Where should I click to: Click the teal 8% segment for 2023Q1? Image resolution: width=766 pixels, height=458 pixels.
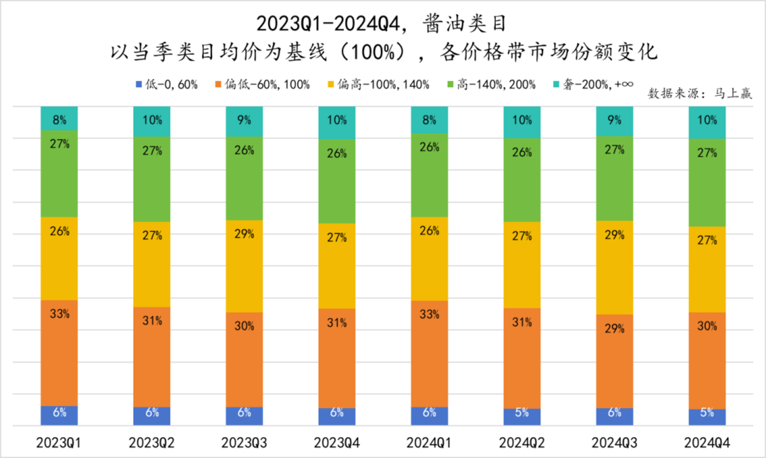click(x=59, y=119)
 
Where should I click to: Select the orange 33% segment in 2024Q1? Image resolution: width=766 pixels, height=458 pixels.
click(x=429, y=354)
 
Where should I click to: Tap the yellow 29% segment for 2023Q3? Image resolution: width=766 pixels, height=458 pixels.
click(x=244, y=266)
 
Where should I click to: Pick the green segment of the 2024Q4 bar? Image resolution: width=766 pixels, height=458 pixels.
click(x=707, y=183)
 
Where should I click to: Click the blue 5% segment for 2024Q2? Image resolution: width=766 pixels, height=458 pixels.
click(x=522, y=417)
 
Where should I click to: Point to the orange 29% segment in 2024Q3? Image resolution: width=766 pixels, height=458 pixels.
click(x=614, y=361)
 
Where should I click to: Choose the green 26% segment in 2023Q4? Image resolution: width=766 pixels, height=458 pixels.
click(x=337, y=181)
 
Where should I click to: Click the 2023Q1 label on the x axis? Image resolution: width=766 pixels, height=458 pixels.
click(x=59, y=443)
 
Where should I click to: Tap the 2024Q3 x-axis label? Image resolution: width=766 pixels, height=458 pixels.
click(x=614, y=443)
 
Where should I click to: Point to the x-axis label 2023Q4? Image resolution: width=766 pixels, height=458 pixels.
click(x=337, y=443)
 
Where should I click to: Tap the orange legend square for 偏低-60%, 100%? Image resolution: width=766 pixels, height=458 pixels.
click(x=218, y=84)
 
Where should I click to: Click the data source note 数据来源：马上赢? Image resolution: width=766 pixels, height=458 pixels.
click(x=700, y=94)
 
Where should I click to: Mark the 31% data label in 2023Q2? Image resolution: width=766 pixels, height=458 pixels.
click(x=152, y=321)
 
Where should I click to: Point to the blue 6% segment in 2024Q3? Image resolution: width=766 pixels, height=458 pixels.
click(x=614, y=417)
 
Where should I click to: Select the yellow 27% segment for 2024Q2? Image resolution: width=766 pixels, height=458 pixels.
click(x=522, y=265)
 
